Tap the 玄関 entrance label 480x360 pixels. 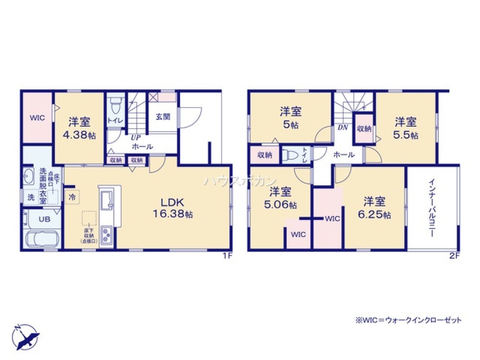161,116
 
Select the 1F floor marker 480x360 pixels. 227,256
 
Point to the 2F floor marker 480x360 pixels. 454,256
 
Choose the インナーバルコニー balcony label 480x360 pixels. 432,207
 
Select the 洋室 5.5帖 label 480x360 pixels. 406,128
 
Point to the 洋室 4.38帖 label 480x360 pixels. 79,128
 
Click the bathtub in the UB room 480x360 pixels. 40,239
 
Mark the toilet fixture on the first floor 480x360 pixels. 115,104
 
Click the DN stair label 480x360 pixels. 343,128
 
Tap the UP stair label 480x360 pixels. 136,137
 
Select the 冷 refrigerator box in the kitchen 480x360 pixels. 72,197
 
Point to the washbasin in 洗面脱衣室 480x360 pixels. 28,177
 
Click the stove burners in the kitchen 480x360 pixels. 107,235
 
